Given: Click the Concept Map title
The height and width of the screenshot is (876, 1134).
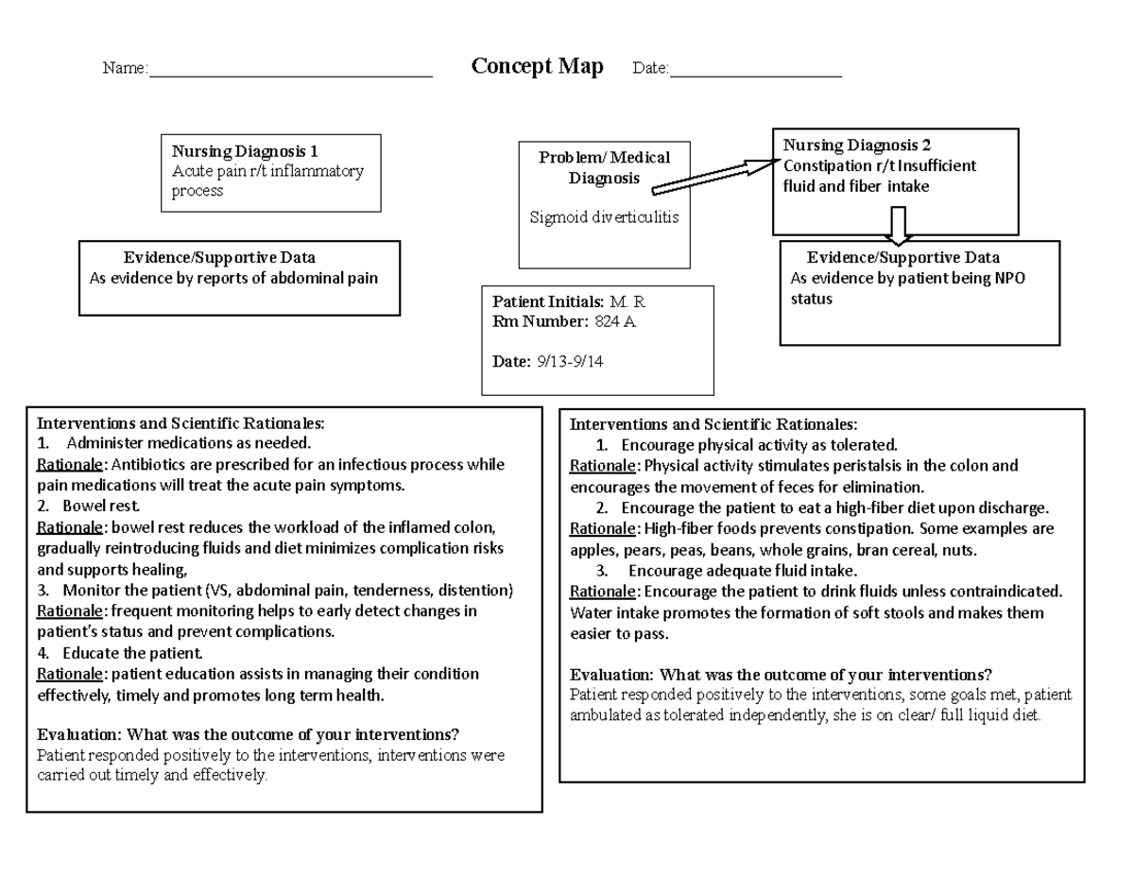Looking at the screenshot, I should point(537,67).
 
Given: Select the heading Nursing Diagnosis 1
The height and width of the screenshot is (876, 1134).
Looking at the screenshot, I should point(245,151).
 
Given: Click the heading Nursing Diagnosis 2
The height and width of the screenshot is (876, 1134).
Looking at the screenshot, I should point(857,146).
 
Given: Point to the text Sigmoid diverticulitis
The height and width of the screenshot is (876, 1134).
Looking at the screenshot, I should point(604,218).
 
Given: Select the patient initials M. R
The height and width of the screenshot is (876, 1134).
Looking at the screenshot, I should point(627,302).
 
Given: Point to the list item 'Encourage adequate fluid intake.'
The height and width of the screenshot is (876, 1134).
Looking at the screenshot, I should point(743,571).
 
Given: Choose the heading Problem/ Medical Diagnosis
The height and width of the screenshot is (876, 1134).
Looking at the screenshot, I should point(604,167).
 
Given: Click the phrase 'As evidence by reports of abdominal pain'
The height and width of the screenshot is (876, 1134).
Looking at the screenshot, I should point(233,278).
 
